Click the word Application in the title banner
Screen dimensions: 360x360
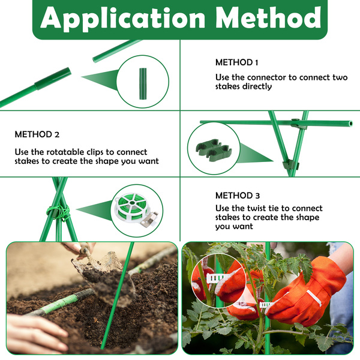pos(123,19)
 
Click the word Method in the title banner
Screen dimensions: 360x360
pos(268,17)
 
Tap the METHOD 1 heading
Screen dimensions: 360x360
pos(237,62)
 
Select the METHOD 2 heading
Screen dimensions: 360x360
pos(37,134)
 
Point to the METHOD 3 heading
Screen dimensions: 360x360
pos(238,196)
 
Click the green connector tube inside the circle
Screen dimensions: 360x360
pos(143,84)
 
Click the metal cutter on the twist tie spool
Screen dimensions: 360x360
pos(149,219)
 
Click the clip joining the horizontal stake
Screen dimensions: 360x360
pos(298,123)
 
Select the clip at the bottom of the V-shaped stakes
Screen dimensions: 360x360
pos(290,165)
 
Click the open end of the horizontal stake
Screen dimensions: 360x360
pos(350,124)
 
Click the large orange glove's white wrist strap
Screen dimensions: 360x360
pos(314,298)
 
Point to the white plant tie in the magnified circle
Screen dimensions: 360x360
pos(217,278)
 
